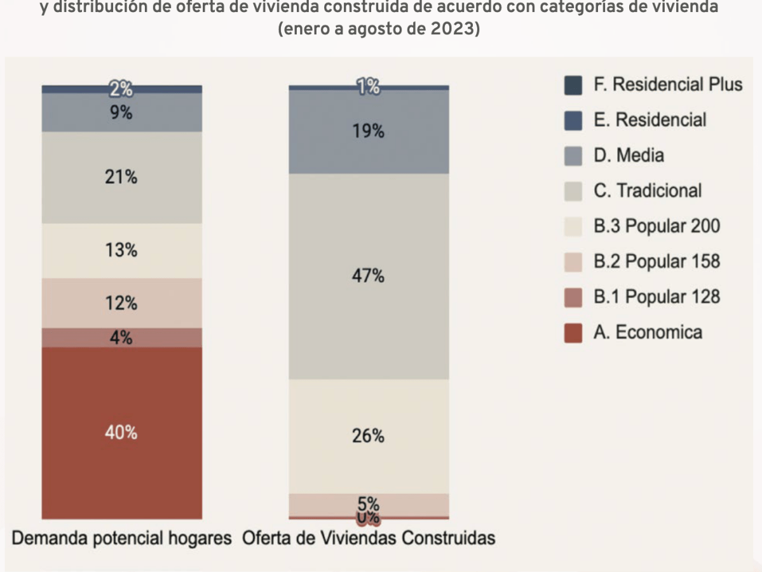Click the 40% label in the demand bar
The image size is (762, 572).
121,433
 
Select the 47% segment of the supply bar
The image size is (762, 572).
369,276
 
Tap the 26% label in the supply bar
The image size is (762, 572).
369,436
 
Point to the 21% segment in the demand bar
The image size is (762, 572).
121,177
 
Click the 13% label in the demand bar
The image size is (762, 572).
121,250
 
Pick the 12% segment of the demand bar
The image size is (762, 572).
121,303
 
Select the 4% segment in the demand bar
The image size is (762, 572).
121,337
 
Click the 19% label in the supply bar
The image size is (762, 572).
369,132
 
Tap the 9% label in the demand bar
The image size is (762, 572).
121,113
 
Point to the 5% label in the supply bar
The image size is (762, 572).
369,504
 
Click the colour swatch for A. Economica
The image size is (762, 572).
573,333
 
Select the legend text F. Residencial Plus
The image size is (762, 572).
668,85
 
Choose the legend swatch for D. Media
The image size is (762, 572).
573,156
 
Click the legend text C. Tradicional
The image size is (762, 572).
648,191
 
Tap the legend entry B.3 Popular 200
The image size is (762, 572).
657,226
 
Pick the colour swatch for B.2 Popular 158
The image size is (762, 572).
573,262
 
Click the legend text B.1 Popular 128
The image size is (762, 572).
657,297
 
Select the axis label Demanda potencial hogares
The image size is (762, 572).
122,538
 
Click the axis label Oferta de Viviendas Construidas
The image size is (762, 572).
369,538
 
